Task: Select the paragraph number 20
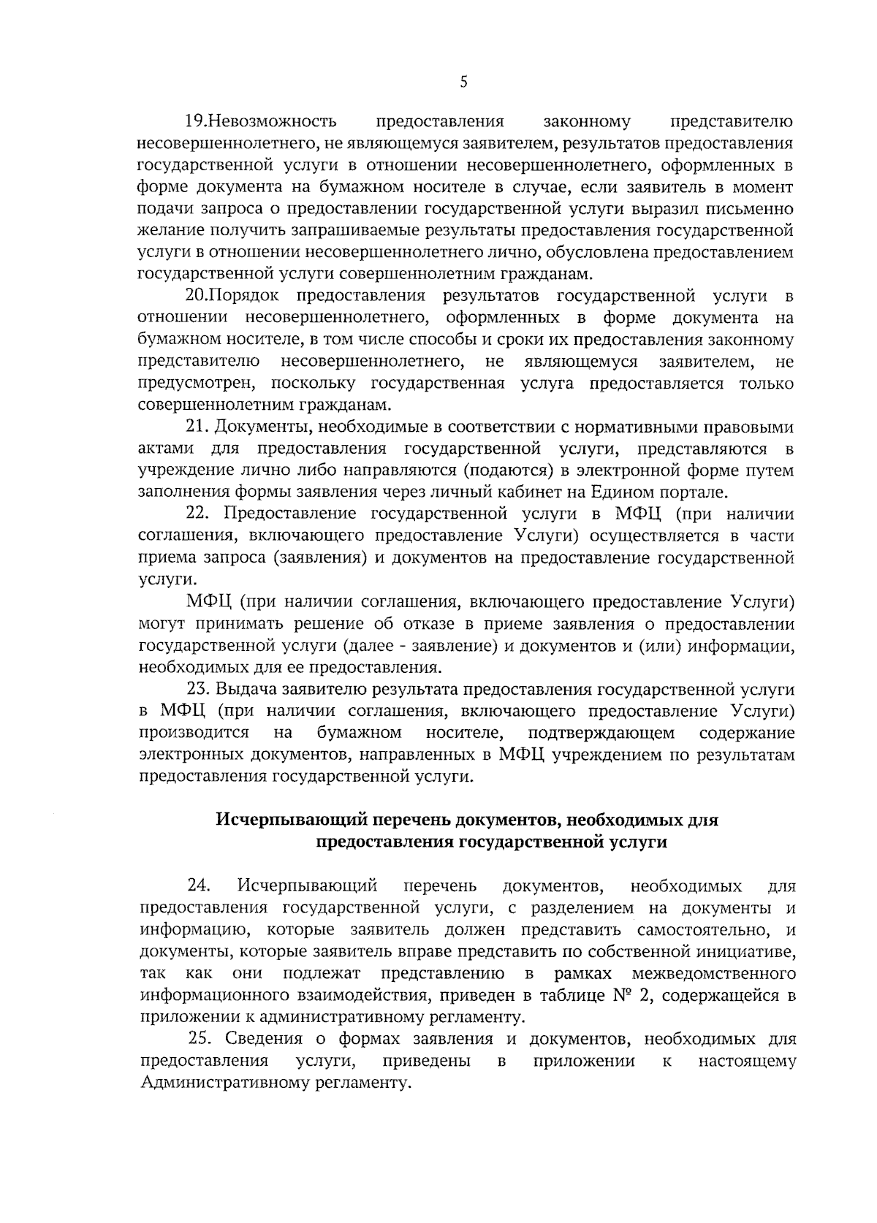[197, 296]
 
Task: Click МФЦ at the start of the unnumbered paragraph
[208, 602]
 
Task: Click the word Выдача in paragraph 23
[244, 689]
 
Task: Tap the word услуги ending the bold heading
[638, 842]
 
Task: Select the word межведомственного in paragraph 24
[713, 974]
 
